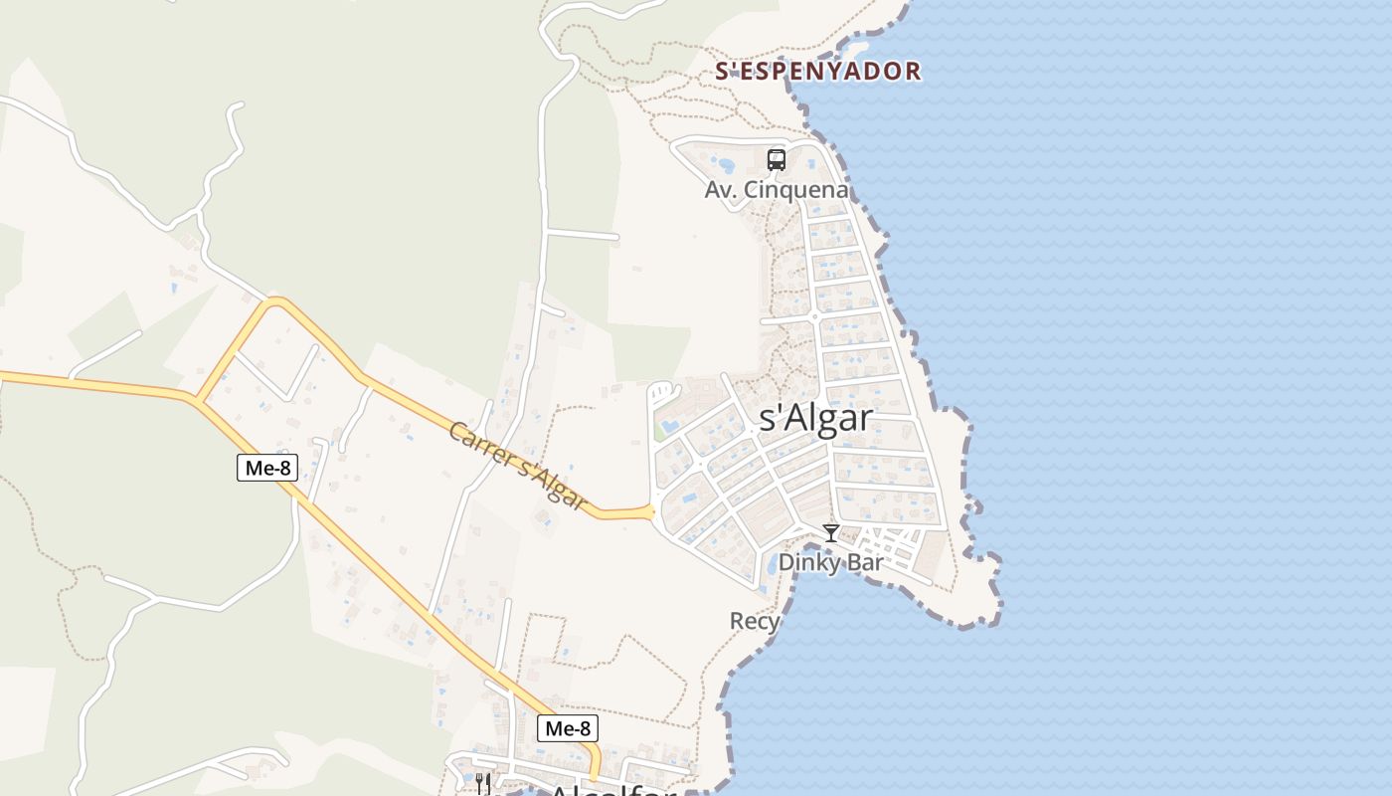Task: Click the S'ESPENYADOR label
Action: point(818,72)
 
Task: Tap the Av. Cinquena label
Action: point(777,190)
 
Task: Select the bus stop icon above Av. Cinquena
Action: point(777,159)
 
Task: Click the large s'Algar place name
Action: point(815,418)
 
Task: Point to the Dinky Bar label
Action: point(830,562)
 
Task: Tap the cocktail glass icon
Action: point(831,533)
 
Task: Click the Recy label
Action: point(755,622)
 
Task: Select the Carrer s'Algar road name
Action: point(516,466)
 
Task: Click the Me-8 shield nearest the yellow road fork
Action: point(267,467)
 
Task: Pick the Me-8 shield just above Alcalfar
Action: point(568,728)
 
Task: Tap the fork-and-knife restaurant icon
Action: point(482,783)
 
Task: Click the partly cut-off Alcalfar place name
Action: point(611,790)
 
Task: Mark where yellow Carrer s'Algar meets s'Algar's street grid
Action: point(653,511)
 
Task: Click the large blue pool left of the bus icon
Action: point(725,164)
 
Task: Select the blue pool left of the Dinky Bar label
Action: point(773,565)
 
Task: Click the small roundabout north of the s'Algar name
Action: point(814,316)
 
